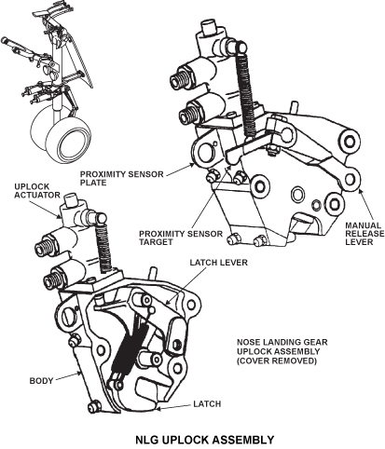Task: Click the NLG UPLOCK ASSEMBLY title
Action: click(x=205, y=440)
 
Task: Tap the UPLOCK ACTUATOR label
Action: click(x=37, y=191)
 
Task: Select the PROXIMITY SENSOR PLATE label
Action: click(x=122, y=178)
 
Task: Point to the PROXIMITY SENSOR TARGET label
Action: click(x=181, y=238)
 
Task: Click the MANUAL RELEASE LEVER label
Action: click(x=364, y=234)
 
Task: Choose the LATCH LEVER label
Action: click(x=219, y=263)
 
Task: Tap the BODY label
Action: click(x=41, y=381)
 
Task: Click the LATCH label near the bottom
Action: click(x=207, y=404)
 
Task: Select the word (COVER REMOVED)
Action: click(x=277, y=361)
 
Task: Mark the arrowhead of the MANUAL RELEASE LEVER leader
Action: click(x=359, y=190)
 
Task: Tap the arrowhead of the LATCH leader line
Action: click(x=158, y=409)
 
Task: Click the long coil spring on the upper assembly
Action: click(x=247, y=92)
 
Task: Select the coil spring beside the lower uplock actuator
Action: click(x=103, y=248)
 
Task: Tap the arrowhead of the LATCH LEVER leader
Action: click(x=167, y=303)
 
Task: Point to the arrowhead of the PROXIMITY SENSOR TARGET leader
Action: click(x=230, y=167)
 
